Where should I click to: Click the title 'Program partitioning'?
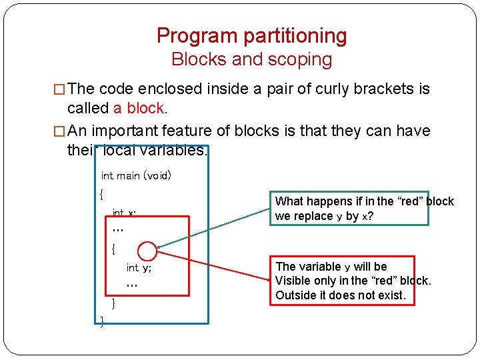tap(251, 35)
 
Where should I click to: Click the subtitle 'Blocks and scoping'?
tap(251, 59)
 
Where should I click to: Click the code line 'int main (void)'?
tap(136, 176)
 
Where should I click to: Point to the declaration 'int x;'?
tap(124, 213)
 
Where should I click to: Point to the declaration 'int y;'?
tap(139, 268)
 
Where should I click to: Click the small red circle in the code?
tap(147, 251)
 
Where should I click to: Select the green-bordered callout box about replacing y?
tap(349, 209)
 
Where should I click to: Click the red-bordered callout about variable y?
tap(342, 281)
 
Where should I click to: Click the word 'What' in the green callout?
tap(289, 201)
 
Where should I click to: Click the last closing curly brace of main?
tap(101, 322)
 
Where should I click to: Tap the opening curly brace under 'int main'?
tap(101, 195)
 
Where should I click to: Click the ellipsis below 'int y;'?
tap(131, 285)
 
